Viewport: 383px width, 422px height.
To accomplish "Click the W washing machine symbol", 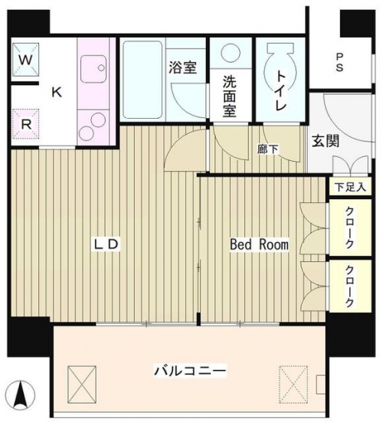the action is [x=25, y=60].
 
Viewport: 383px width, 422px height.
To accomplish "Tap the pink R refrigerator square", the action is [x=26, y=124].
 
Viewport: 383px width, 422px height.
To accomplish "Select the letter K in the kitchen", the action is [x=57, y=93].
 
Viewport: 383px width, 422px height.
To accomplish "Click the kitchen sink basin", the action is [x=93, y=69].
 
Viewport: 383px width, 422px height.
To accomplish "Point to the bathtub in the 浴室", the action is [x=142, y=80].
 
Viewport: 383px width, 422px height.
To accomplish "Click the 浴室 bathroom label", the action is [x=183, y=67].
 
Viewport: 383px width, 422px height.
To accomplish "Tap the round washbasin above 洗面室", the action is [x=231, y=52].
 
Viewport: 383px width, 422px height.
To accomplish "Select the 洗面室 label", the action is [x=229, y=97].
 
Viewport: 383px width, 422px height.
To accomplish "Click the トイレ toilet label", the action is [x=280, y=90].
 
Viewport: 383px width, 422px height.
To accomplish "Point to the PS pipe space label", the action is [x=339, y=62].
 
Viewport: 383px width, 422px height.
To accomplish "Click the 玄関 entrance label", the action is [x=326, y=141].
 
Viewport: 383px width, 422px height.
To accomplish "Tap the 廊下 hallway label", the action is [x=267, y=149].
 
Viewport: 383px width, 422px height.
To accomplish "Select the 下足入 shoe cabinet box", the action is [x=350, y=187].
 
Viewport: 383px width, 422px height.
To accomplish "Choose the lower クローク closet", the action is [x=350, y=286].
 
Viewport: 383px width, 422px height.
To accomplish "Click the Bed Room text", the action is [x=259, y=244].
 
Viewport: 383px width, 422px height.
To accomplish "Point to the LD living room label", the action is [x=106, y=244].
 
